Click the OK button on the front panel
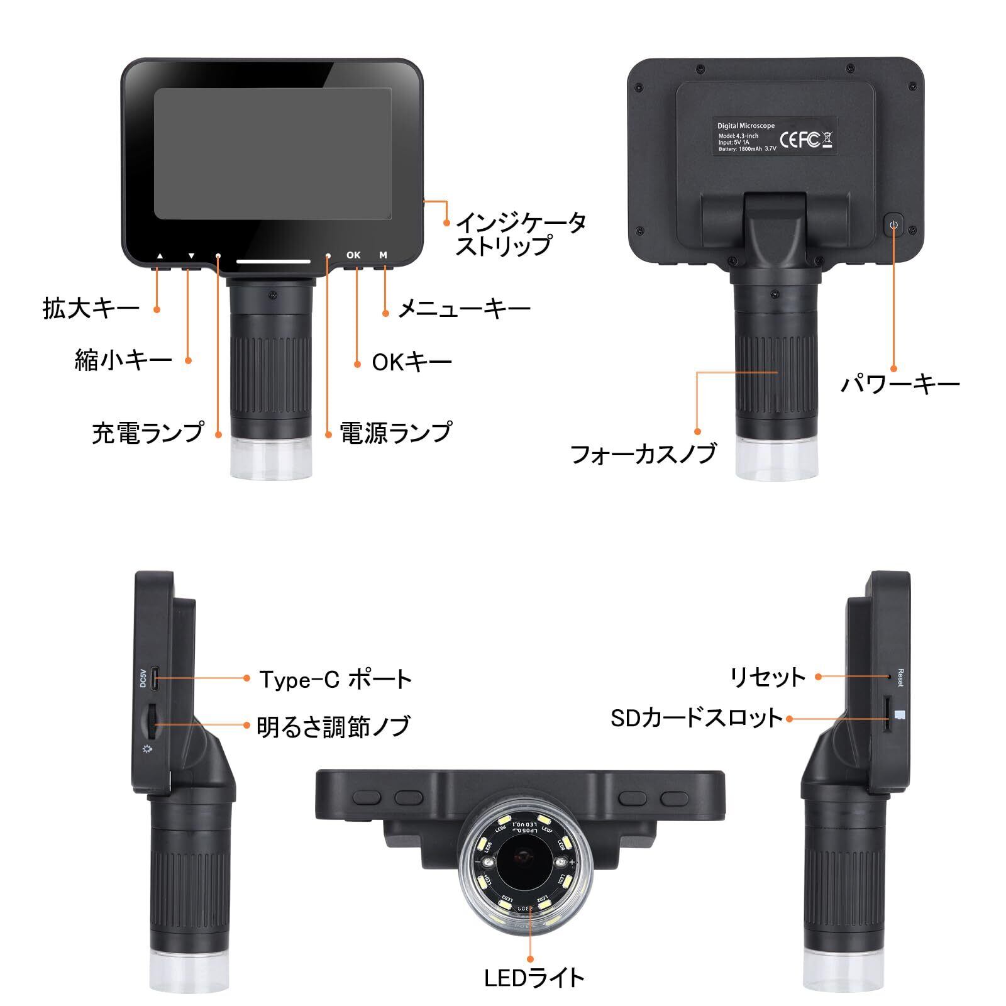pos(353,255)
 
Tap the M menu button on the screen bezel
pos(383,255)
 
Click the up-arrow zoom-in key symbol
pos(160,256)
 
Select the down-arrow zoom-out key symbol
pos(191,256)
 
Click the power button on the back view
pos(893,224)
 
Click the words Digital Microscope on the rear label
pos(746,126)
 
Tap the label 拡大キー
pos(91,309)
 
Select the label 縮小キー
pos(123,360)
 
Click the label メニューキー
pos(465,309)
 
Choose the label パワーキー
pos(900,384)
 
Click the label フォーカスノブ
pos(643,453)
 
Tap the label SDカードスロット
pos(697,718)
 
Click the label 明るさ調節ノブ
pos(334,726)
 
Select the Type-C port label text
pos(336,679)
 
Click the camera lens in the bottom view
pos(523,856)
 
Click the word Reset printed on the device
pos(900,678)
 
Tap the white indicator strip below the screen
pos(273,260)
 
